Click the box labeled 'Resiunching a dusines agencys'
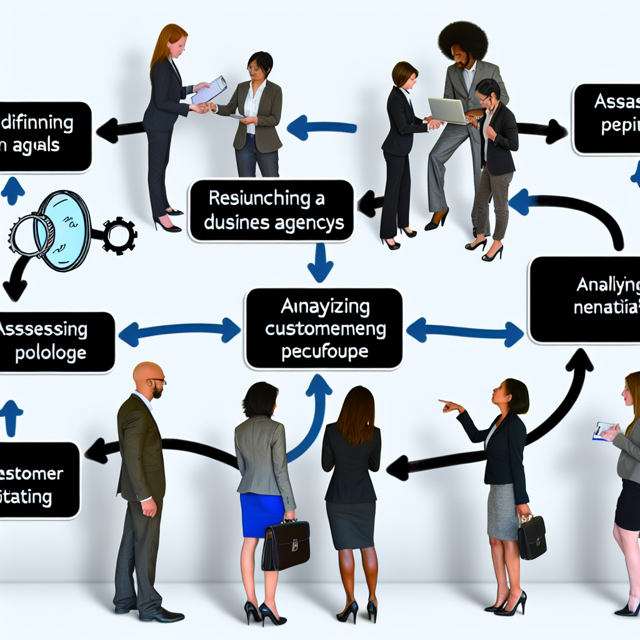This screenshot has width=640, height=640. coord(271,211)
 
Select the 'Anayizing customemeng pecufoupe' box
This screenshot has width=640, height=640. coord(323,329)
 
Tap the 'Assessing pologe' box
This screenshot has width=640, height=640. coord(56,342)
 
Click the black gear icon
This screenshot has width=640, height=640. coord(119,236)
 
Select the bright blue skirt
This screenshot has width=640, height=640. coord(263,514)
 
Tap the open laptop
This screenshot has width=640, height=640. coord(446,111)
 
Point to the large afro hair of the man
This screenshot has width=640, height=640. coord(462,39)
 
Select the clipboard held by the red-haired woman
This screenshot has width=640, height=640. coord(209,90)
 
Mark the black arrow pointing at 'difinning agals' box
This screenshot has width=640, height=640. coord(119,131)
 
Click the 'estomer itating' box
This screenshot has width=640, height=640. coord(37,481)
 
